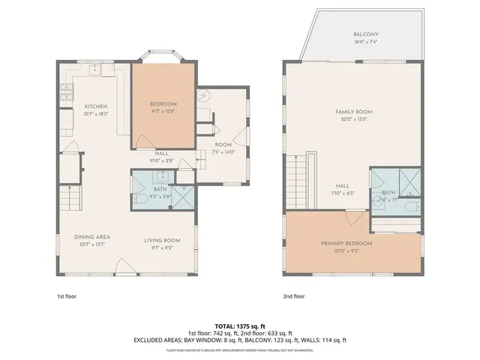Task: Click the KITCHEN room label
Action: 96,106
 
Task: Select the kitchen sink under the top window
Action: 96,70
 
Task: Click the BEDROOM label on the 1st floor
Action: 163,103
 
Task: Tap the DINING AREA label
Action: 92,237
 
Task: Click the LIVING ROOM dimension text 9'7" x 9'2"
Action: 163,247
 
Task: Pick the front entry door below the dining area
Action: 124,265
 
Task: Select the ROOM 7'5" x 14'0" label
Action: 223,148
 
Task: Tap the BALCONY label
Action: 366,34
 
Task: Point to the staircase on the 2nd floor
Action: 295,180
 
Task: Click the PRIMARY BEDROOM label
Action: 352,244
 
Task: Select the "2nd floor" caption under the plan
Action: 295,295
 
